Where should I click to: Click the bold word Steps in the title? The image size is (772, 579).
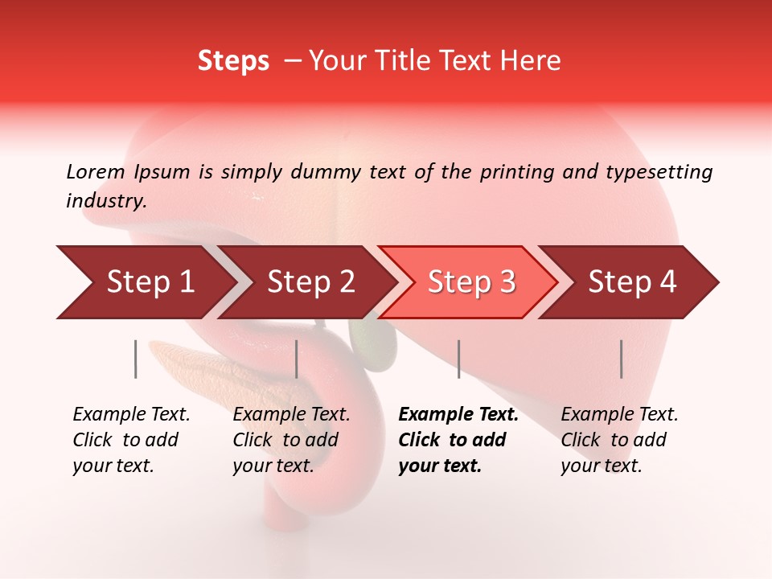(x=233, y=61)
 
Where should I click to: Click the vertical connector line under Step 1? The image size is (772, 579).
(x=135, y=359)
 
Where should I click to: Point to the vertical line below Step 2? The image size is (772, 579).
(x=297, y=359)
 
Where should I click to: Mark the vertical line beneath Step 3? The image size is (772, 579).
(x=458, y=359)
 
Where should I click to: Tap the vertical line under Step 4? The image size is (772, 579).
(x=621, y=359)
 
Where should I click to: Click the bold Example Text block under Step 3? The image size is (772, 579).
(x=458, y=440)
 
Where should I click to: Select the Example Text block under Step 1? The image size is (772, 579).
(x=131, y=440)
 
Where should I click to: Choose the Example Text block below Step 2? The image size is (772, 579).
(x=291, y=440)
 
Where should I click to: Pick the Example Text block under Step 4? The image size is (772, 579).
(x=619, y=440)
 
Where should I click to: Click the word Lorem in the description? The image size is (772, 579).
(x=96, y=172)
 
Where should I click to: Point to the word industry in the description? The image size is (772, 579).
(x=105, y=201)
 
